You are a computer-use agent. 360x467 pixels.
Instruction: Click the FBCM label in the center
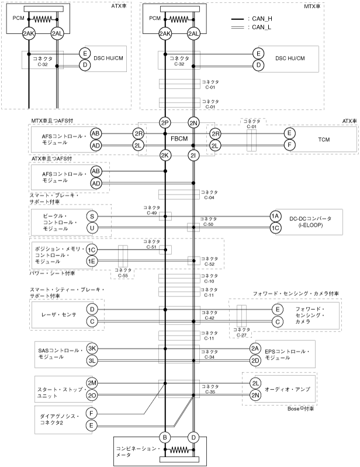[x=179, y=140]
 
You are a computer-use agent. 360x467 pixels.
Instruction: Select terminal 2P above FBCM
[x=165, y=123]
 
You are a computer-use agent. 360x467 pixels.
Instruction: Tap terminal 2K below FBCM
[x=165, y=155]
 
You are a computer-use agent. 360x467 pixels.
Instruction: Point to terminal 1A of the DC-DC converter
[x=275, y=216]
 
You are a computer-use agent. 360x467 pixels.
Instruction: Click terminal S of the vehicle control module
[x=92, y=216]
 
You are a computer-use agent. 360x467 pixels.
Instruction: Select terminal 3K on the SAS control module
[x=92, y=348]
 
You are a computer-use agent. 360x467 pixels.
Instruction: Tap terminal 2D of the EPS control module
[x=255, y=360]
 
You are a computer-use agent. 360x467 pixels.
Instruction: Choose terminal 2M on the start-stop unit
[x=92, y=382]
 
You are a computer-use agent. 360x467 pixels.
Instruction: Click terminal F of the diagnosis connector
[x=92, y=413]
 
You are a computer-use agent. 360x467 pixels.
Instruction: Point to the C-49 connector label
[x=152, y=210]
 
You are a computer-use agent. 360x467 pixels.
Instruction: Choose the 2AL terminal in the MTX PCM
[x=193, y=34]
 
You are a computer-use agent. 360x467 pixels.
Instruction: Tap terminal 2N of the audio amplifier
[x=255, y=395]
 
